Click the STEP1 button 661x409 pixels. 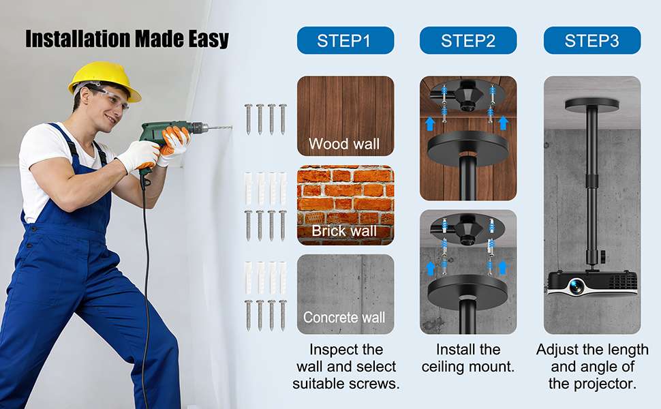(345, 40)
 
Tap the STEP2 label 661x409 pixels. (468, 40)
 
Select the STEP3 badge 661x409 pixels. (592, 40)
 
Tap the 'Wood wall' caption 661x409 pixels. (344, 144)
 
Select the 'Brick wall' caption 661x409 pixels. (344, 230)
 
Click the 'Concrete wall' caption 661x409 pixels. (344, 317)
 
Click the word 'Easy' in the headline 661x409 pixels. (209, 39)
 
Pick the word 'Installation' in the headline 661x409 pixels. (78, 39)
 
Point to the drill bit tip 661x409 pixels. (232, 126)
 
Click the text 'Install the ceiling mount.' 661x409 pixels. (468, 358)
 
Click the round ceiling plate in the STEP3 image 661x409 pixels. (592, 104)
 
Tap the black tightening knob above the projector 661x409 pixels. (603, 256)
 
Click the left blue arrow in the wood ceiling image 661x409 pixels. (429, 123)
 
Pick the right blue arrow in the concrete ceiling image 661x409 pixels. (502, 267)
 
